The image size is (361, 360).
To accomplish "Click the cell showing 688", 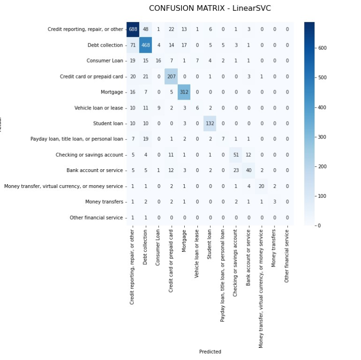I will pos(133,29).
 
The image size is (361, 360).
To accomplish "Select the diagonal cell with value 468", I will pos(146,45).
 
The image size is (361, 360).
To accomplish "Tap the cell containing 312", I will pos(184,92).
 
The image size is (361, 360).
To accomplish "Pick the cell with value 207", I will pos(171,77).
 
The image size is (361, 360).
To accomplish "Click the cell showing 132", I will pos(210,124).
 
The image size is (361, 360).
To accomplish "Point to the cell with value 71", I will pos(133,45).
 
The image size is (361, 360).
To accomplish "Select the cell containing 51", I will pos(236,155).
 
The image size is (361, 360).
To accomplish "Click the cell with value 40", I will pos(249,171).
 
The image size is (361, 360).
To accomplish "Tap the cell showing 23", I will pos(236,171).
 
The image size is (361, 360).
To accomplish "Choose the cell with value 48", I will pos(146,29).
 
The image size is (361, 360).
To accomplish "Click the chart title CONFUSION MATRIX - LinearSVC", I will pos(210,8).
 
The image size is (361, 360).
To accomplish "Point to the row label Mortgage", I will pos(112,92).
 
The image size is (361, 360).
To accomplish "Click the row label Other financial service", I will pos(96,218).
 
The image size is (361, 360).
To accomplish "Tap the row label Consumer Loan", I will pos(104,61).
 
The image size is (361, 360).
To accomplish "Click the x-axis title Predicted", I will pos(210,352).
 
